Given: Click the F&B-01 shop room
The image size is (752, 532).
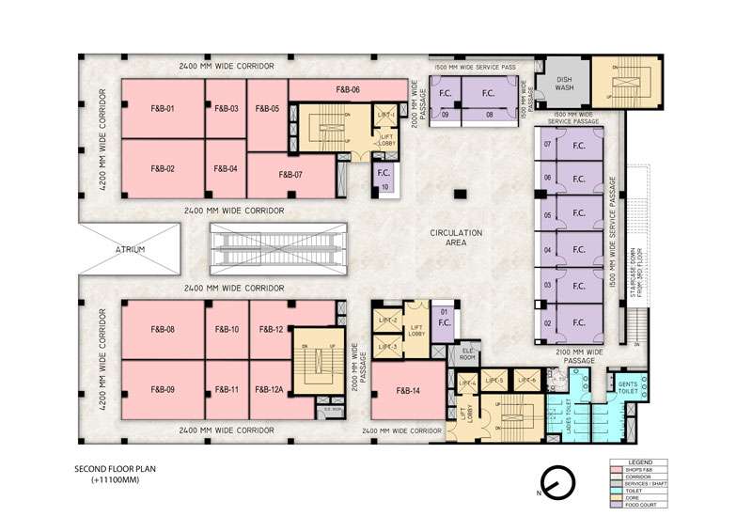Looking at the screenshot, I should (162, 109).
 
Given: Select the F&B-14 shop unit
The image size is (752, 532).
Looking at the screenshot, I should (407, 389).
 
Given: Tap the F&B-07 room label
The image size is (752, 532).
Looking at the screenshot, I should (290, 175).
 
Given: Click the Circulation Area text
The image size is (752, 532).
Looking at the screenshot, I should (456, 237).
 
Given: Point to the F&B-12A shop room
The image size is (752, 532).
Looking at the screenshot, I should (269, 389).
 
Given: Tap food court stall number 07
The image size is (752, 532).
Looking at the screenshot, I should (547, 144).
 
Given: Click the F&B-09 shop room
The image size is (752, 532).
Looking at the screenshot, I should (163, 389).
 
